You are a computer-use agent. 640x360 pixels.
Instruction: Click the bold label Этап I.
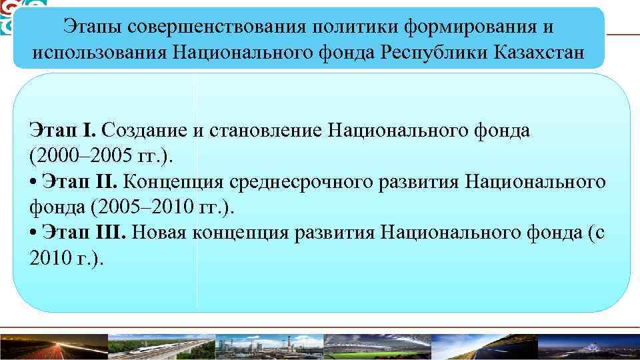[x=64, y=130]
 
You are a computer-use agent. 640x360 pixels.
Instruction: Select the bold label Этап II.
[x=79, y=181]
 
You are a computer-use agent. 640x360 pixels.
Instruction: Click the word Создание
[x=145, y=130]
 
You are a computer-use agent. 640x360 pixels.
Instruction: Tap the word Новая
[x=161, y=231]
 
